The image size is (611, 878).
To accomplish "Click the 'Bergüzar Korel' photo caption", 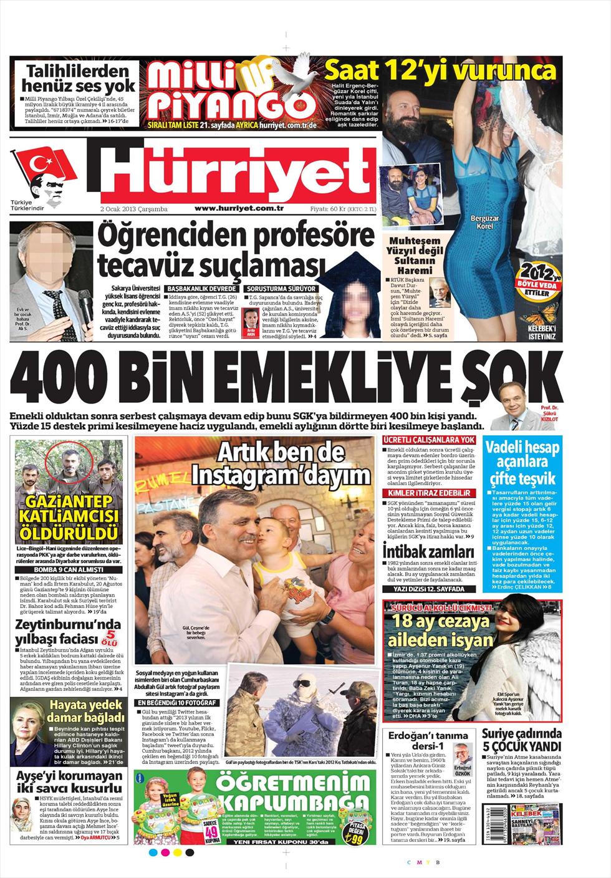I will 484,222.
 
